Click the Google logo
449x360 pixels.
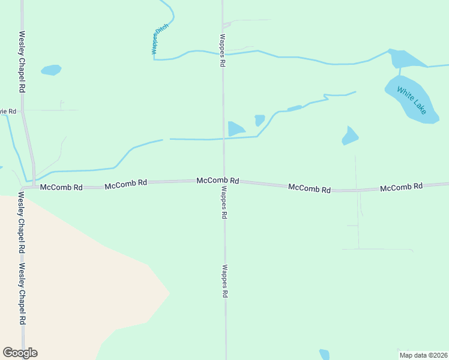click(x=20, y=353)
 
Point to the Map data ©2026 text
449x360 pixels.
click(x=423, y=355)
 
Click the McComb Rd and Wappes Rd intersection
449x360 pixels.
click(x=224, y=181)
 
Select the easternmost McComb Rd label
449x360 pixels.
click(x=401, y=187)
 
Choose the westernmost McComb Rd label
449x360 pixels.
click(x=61, y=187)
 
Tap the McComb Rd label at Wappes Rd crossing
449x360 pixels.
click(x=218, y=180)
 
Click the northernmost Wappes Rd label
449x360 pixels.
click(x=222, y=50)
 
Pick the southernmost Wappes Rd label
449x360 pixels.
click(x=225, y=281)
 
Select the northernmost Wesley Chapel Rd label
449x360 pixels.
click(x=22, y=61)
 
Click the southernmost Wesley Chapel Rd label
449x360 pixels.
click(x=22, y=294)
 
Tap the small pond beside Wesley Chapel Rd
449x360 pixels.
click(x=52, y=70)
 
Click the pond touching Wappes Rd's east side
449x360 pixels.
click(x=235, y=128)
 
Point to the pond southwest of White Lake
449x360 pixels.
click(x=350, y=136)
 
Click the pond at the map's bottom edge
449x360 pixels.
click(x=324, y=355)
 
